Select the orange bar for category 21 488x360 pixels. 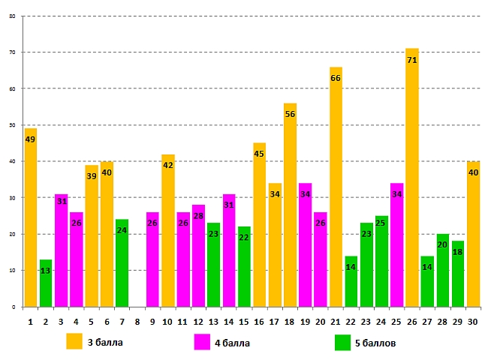(x=336, y=187)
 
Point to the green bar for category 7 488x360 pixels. (x=122, y=262)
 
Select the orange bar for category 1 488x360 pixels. (x=31, y=217)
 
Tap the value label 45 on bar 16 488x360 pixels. (x=259, y=154)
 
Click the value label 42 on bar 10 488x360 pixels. (x=167, y=165)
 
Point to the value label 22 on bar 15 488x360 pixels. (x=244, y=238)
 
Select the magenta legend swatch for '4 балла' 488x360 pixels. (x=202, y=341)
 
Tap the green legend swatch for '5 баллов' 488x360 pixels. (x=342, y=341)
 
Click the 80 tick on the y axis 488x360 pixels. (x=11, y=16)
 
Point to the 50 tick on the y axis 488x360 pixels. (x=11, y=124)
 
